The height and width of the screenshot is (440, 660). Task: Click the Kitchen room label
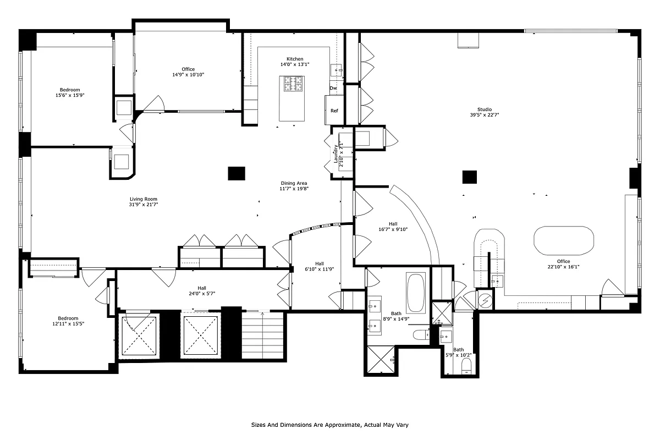(294, 59)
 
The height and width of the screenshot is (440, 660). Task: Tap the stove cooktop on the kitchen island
(294, 84)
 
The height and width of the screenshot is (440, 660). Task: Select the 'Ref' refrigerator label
(334, 111)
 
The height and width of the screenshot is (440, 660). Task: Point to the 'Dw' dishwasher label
(333, 88)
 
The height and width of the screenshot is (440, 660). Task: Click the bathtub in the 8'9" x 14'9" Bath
(415, 292)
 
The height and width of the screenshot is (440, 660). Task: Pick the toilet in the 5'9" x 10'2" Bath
(467, 366)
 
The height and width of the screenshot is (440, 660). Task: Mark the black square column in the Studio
(469, 177)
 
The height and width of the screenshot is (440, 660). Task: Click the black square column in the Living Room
(237, 173)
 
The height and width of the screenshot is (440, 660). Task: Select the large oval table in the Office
(564, 240)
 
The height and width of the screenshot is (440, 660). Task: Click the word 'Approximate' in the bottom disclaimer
(344, 425)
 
